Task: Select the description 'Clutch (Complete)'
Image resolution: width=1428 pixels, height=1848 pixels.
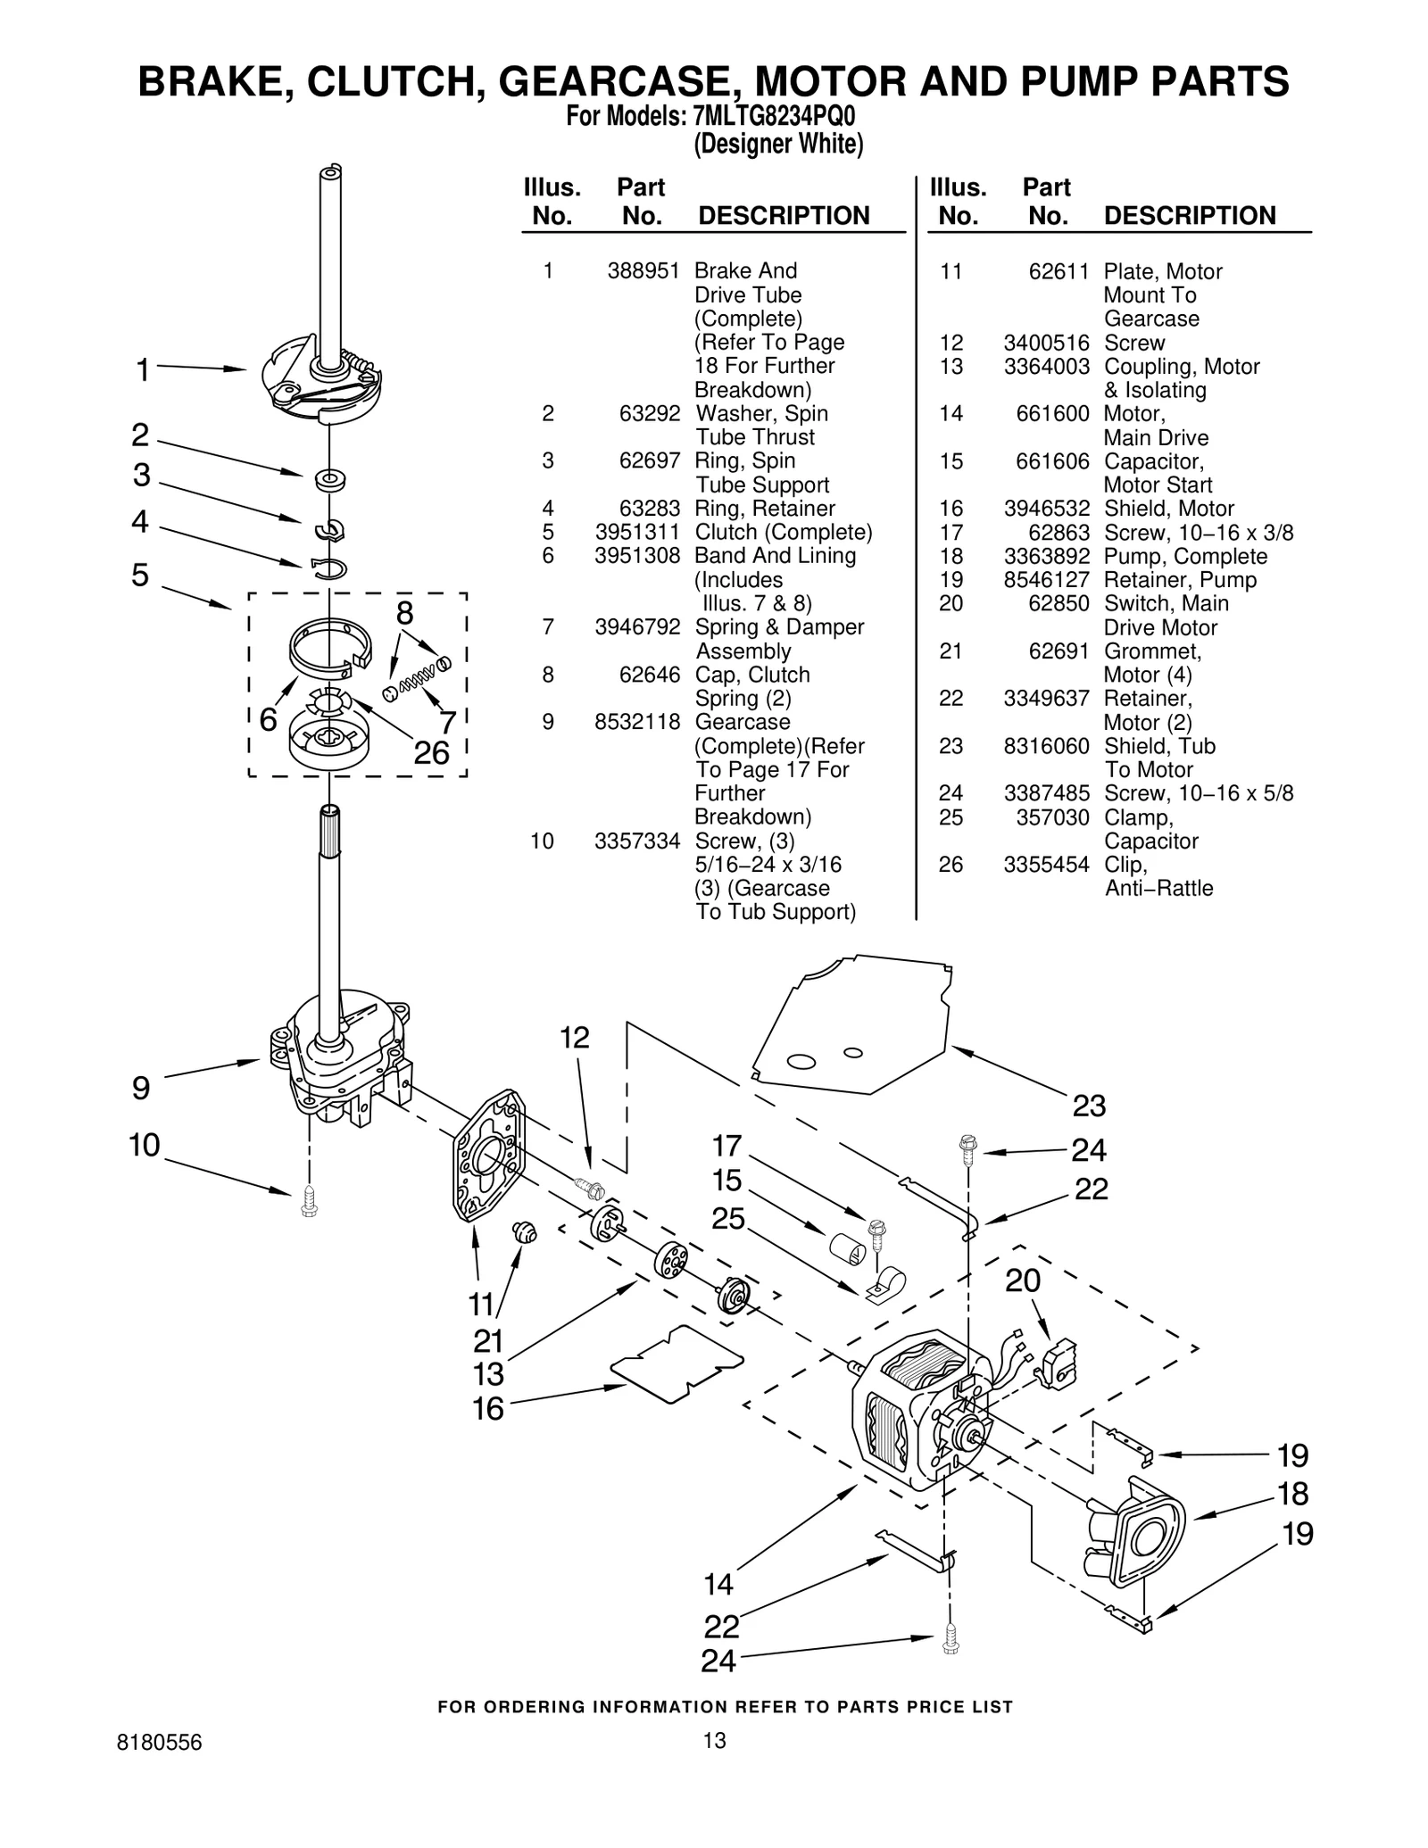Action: pyautogui.click(x=783, y=532)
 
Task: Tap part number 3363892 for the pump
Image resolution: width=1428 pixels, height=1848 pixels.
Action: pyautogui.click(x=1046, y=556)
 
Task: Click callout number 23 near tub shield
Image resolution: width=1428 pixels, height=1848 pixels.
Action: pyautogui.click(x=1089, y=1106)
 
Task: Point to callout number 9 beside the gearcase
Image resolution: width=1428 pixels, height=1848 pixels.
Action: pyautogui.click(x=141, y=1088)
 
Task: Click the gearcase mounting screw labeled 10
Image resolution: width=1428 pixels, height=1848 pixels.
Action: pyautogui.click(x=310, y=1200)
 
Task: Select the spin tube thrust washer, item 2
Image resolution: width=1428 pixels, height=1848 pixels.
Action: pyautogui.click(x=330, y=479)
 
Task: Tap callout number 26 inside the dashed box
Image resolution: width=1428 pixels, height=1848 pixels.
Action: pyautogui.click(x=431, y=753)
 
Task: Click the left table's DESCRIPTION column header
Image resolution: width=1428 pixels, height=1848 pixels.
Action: pyautogui.click(x=783, y=216)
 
